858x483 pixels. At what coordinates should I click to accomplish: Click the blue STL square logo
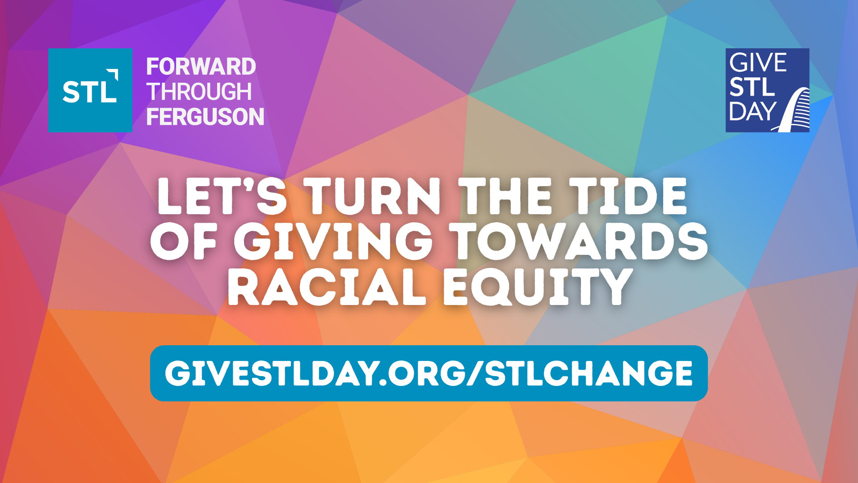(90, 90)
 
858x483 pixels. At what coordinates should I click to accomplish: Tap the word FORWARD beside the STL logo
(201, 67)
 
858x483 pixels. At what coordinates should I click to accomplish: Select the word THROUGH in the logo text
(199, 92)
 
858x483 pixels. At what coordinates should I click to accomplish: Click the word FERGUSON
(205, 117)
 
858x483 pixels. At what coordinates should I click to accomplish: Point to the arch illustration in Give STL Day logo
(794, 110)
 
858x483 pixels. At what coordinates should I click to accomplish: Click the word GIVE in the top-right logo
(758, 63)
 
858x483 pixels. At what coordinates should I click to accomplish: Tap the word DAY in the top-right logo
(753, 111)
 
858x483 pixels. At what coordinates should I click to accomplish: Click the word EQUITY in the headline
(537, 286)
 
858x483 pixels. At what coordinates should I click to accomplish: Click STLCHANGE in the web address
(589, 373)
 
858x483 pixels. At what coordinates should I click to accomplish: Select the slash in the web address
(475, 374)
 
